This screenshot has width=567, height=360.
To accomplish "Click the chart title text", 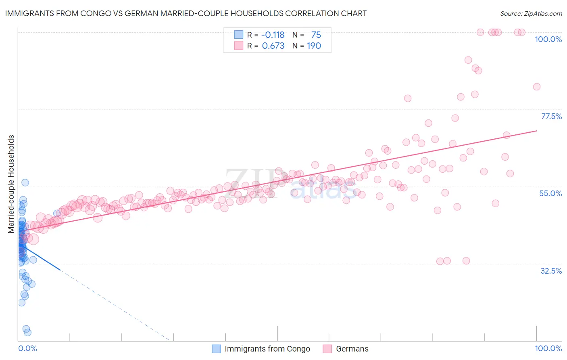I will coord(185,13).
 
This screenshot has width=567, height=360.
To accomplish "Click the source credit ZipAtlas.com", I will coord(531,13).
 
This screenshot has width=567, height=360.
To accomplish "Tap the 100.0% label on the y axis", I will coord(548,39).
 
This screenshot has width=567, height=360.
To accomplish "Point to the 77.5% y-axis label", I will coord(551,116).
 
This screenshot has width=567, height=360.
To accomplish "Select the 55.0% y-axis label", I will coord(550,193).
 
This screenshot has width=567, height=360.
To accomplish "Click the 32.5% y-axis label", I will coord(551,271).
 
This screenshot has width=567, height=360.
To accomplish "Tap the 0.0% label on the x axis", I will coord(27,348).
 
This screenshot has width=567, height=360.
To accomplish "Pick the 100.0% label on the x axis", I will coord(548,348).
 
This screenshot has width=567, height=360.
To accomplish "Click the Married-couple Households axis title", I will coord(11,184).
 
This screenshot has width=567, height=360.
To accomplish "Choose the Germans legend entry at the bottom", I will coord(352,349).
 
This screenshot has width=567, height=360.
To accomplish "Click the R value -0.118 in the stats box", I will coord(273,35).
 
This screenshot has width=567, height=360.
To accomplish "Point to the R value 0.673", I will coord(273,46).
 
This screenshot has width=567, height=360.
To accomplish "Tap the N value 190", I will coord(314,46).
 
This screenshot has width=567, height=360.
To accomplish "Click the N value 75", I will coord(316,35).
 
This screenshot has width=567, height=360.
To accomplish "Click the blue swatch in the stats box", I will coord(239,35).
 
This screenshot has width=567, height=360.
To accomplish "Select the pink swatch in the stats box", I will coord(239,46).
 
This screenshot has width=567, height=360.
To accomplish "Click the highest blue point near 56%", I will coord(25,182).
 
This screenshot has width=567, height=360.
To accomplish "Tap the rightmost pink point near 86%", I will coord(537,87).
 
